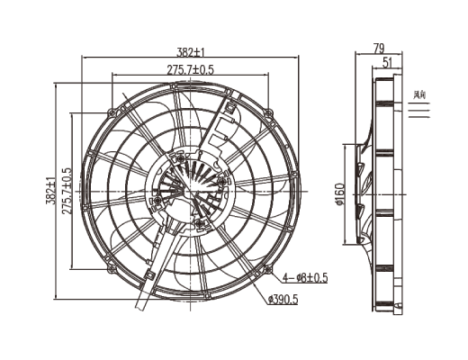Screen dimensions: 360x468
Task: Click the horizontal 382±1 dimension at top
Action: pyautogui.click(x=192, y=51)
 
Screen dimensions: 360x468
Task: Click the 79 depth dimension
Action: pyautogui.click(x=378, y=48)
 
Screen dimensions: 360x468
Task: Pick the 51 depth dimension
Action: pyautogui.click(x=386, y=62)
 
